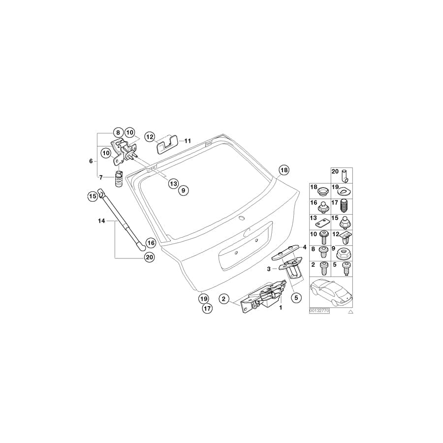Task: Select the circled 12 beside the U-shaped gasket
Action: pos(150,136)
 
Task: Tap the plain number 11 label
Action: pos(187,141)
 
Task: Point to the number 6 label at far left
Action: pos(91,161)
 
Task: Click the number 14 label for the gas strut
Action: pos(102,221)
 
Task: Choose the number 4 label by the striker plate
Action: pos(305,247)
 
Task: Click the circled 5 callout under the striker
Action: pos(296,297)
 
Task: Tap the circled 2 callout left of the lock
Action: pos(223,298)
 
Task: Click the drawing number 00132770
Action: pos(319,311)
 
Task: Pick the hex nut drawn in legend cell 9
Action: pos(344,254)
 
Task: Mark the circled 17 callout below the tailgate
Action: pos(207,309)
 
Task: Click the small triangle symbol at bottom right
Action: pos(350,312)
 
